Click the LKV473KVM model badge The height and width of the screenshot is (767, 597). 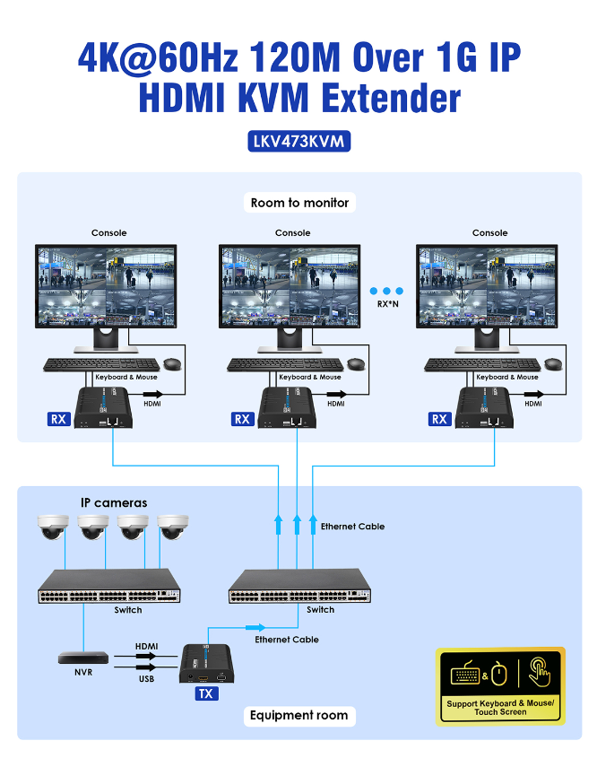pyautogui.click(x=298, y=142)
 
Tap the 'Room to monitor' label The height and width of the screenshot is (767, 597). pyautogui.click(x=299, y=203)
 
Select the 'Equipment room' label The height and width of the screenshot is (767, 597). pyautogui.click(x=299, y=716)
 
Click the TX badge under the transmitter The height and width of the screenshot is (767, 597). pyautogui.click(x=206, y=693)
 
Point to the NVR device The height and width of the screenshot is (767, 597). pyautogui.click(x=83, y=658)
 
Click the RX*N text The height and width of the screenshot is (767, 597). pyautogui.click(x=388, y=304)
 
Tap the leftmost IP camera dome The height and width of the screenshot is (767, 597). pyautogui.click(x=53, y=527)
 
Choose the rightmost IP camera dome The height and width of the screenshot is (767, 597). pyautogui.click(x=173, y=527)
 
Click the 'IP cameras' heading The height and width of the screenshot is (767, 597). pyautogui.click(x=114, y=503)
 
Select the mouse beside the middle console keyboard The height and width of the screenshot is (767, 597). pyautogui.click(x=356, y=363)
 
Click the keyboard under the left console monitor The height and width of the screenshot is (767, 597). pyautogui.click(x=101, y=365)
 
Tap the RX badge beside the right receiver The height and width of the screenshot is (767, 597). pyautogui.click(x=439, y=419)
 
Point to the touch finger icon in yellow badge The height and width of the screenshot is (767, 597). pyautogui.click(x=540, y=673)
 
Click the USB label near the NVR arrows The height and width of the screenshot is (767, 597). pyautogui.click(x=146, y=679)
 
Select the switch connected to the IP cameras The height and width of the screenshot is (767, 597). pyautogui.click(x=109, y=586)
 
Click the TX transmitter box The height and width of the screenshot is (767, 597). pyautogui.click(x=207, y=664)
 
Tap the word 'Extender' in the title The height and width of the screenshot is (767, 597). pyautogui.click(x=391, y=98)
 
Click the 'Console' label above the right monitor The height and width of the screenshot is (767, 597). pyautogui.click(x=490, y=233)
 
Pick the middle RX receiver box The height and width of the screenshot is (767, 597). pyautogui.click(x=287, y=408)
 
